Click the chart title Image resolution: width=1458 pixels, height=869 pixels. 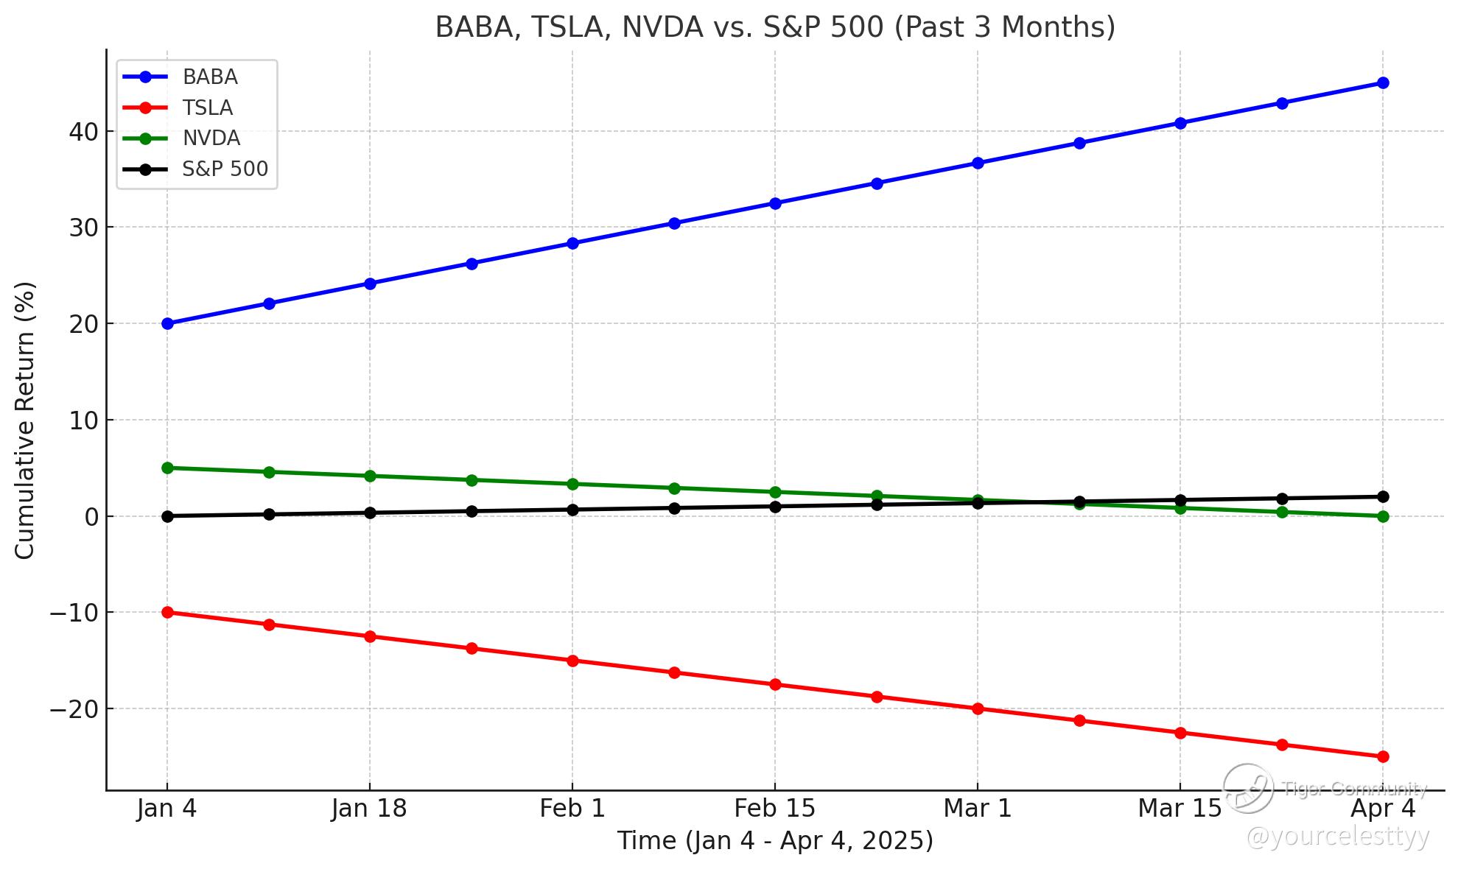tap(775, 27)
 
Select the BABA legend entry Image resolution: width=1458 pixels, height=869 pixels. tap(210, 77)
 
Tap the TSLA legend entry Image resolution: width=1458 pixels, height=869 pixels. tap(207, 108)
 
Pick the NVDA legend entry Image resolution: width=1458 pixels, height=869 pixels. tap(211, 138)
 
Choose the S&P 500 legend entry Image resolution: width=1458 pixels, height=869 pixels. tap(225, 169)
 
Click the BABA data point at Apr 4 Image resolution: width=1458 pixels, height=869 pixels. tap(1383, 83)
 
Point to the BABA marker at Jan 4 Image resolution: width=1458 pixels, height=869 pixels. tap(167, 323)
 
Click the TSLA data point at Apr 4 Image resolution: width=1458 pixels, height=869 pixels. tap(1383, 756)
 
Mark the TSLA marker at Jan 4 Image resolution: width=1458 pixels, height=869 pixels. tap(167, 612)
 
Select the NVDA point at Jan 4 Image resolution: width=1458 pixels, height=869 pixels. tap(167, 468)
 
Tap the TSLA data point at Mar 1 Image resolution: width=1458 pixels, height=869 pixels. tap(978, 708)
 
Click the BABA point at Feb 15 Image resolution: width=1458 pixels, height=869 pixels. tap(775, 203)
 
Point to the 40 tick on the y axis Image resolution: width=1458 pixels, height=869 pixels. tap(83, 132)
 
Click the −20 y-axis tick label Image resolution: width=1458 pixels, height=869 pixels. tap(74, 708)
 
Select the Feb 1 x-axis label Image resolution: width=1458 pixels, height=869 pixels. tap(572, 809)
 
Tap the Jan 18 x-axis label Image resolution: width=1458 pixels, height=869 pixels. tap(369, 809)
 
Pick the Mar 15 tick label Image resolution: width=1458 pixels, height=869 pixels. tap(1180, 809)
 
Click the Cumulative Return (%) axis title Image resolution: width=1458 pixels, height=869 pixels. tap(25, 420)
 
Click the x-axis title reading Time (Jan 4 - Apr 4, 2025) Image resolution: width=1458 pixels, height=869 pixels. tap(775, 841)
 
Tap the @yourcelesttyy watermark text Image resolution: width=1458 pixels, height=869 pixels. tap(1337, 837)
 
